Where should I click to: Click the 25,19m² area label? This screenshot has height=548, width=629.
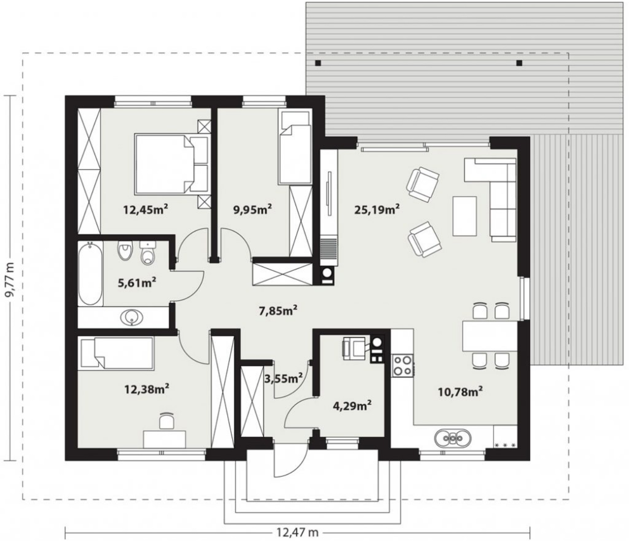click(377, 209)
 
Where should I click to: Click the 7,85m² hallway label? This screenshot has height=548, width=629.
click(278, 311)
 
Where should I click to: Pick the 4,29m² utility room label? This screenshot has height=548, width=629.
click(352, 406)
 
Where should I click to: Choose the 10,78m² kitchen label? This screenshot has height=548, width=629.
click(460, 392)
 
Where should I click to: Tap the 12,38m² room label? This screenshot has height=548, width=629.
click(147, 389)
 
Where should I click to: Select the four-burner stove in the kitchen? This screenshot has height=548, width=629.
click(403, 365)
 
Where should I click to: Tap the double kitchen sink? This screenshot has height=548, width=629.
click(452, 437)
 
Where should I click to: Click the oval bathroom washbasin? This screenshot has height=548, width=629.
click(132, 317)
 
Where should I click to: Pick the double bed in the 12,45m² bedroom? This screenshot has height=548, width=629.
click(172, 163)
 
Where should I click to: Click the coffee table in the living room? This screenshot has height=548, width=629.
click(465, 216)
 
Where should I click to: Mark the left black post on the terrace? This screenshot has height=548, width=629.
click(318, 63)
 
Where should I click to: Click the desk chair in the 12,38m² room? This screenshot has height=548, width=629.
click(167, 420)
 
